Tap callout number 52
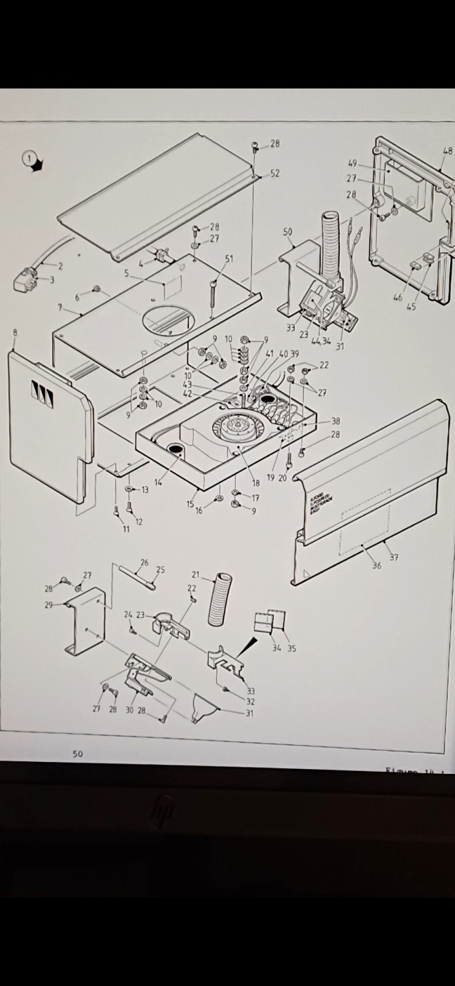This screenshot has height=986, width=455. tap(275, 173)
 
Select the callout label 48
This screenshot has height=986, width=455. tap(447, 150)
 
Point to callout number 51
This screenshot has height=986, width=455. tap(229, 258)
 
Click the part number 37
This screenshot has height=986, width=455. tap(394, 558)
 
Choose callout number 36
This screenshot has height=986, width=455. tap(376, 565)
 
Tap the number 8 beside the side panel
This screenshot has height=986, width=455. tap(15, 332)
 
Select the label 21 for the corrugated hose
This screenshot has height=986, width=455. tap(196, 575)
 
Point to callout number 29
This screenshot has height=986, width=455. tap(48, 605)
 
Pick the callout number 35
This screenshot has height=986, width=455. tap(291, 648)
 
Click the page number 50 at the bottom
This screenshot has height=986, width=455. tap(77, 754)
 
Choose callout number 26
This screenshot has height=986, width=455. tap(145, 562)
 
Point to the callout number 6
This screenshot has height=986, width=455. tap(77, 298)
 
